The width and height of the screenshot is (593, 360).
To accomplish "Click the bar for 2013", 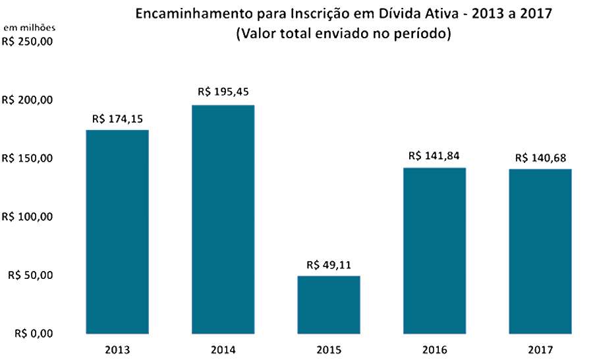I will [x=117, y=231].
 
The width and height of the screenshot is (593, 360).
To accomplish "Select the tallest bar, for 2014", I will [x=223, y=219].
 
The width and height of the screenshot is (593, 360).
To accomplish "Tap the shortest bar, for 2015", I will [x=328, y=305].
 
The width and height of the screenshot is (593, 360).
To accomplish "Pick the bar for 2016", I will [x=434, y=251].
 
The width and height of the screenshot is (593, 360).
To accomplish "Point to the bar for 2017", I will [x=540, y=251].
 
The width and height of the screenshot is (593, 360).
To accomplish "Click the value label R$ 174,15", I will [x=117, y=119].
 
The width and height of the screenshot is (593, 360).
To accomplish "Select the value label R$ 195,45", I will [x=223, y=92].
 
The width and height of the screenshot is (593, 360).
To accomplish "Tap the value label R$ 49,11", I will [x=328, y=265].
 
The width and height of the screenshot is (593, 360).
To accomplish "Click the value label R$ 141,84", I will [x=434, y=156].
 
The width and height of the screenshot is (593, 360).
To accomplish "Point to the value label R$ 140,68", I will [x=540, y=158].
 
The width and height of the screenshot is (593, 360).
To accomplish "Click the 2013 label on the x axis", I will [x=117, y=349].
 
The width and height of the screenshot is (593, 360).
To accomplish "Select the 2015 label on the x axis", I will [x=328, y=349].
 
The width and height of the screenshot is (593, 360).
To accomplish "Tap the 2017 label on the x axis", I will [x=540, y=349].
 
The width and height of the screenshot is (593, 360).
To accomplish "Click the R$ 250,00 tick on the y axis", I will [x=27, y=42].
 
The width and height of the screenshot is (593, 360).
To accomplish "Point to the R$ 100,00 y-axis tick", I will [x=27, y=217].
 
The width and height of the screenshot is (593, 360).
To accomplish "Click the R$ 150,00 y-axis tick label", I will [x=27, y=158].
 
